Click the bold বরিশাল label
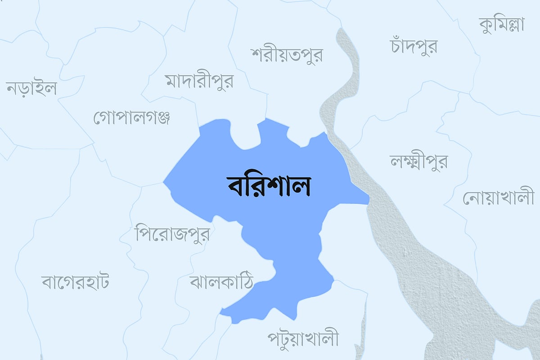269,186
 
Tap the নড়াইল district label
31,88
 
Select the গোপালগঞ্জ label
131,117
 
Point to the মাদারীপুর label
199,81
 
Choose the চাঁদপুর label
413,46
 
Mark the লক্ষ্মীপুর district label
419,161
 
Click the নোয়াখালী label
498,198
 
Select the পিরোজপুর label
172,234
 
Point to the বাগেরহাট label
75,282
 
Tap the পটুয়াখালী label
303,338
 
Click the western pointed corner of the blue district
164,183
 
